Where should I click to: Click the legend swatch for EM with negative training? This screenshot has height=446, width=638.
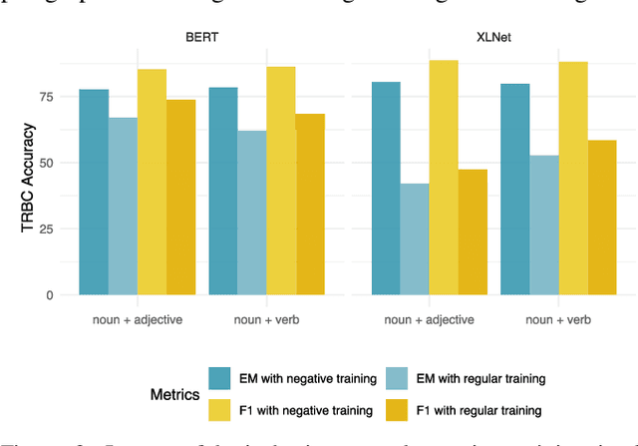point(220,378)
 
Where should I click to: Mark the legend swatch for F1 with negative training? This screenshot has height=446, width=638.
point(220,408)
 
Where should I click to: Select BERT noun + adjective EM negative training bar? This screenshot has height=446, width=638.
point(94,192)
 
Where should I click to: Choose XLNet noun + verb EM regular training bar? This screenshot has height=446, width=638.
point(544,225)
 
